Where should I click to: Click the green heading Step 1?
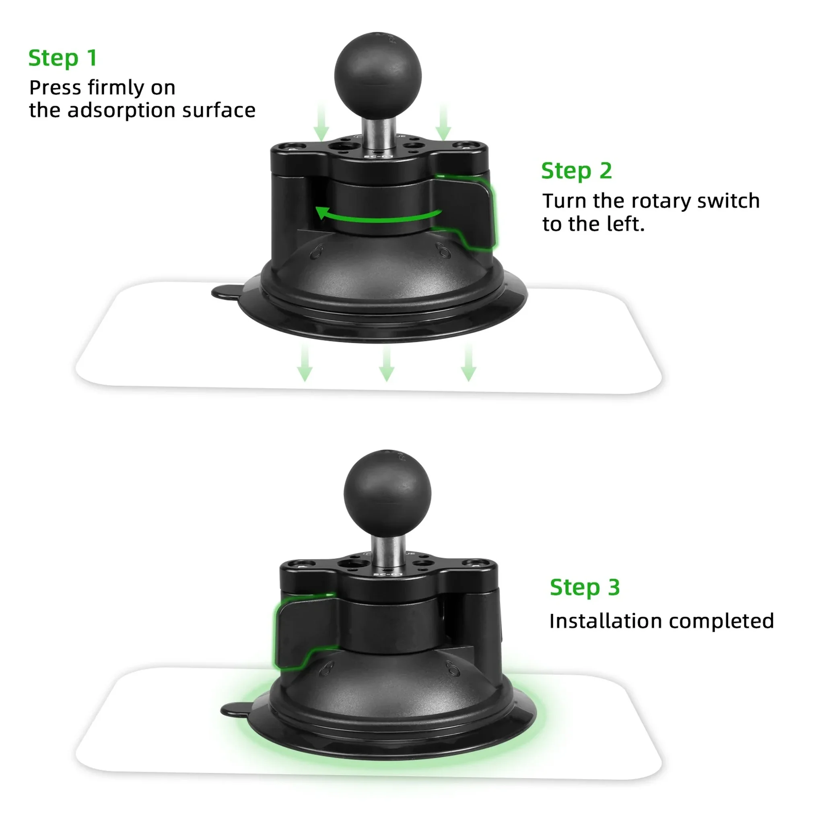click(63, 58)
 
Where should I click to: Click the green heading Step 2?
click(576, 171)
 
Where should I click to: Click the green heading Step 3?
click(584, 587)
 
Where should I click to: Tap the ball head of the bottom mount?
click(387, 493)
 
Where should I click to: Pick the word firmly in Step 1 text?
click(115, 88)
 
